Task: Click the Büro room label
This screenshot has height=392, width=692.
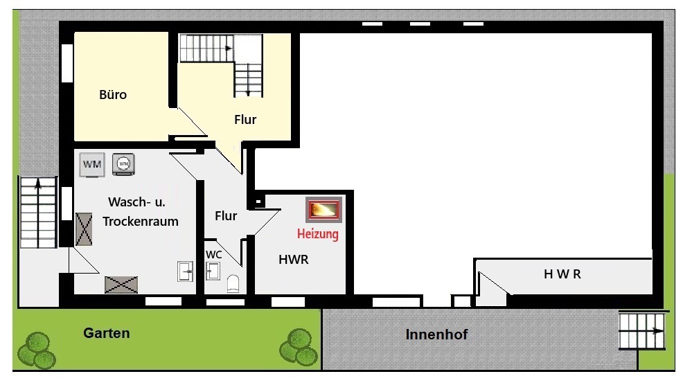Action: click(x=113, y=94)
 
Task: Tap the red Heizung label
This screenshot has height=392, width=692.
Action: click(x=318, y=233)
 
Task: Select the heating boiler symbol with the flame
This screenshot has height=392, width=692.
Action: click(x=324, y=210)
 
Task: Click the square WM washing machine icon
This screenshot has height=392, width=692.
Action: click(x=92, y=165)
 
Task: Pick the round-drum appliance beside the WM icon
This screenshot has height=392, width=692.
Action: click(x=123, y=164)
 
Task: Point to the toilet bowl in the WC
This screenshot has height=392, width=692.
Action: click(x=233, y=283)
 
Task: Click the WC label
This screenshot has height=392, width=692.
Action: click(x=213, y=255)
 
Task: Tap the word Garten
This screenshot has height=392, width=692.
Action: click(x=107, y=333)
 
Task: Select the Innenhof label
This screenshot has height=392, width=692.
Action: click(x=436, y=335)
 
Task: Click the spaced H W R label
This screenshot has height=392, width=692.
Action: click(x=562, y=274)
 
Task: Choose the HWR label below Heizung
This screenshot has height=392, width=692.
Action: click(x=294, y=260)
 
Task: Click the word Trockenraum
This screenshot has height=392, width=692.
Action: click(x=141, y=221)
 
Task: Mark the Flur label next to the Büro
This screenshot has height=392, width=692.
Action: click(x=245, y=120)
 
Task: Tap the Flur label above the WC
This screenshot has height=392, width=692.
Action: click(x=226, y=216)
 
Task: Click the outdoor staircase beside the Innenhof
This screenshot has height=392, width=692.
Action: click(x=641, y=330)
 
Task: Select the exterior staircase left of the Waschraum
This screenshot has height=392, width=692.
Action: click(x=38, y=212)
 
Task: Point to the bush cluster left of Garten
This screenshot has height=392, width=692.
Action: click(x=37, y=351)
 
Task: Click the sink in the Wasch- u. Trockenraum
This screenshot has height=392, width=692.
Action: click(x=186, y=271)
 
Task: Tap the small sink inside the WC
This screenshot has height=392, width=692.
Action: click(x=213, y=271)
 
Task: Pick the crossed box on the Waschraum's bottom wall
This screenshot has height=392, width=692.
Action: click(x=121, y=285)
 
